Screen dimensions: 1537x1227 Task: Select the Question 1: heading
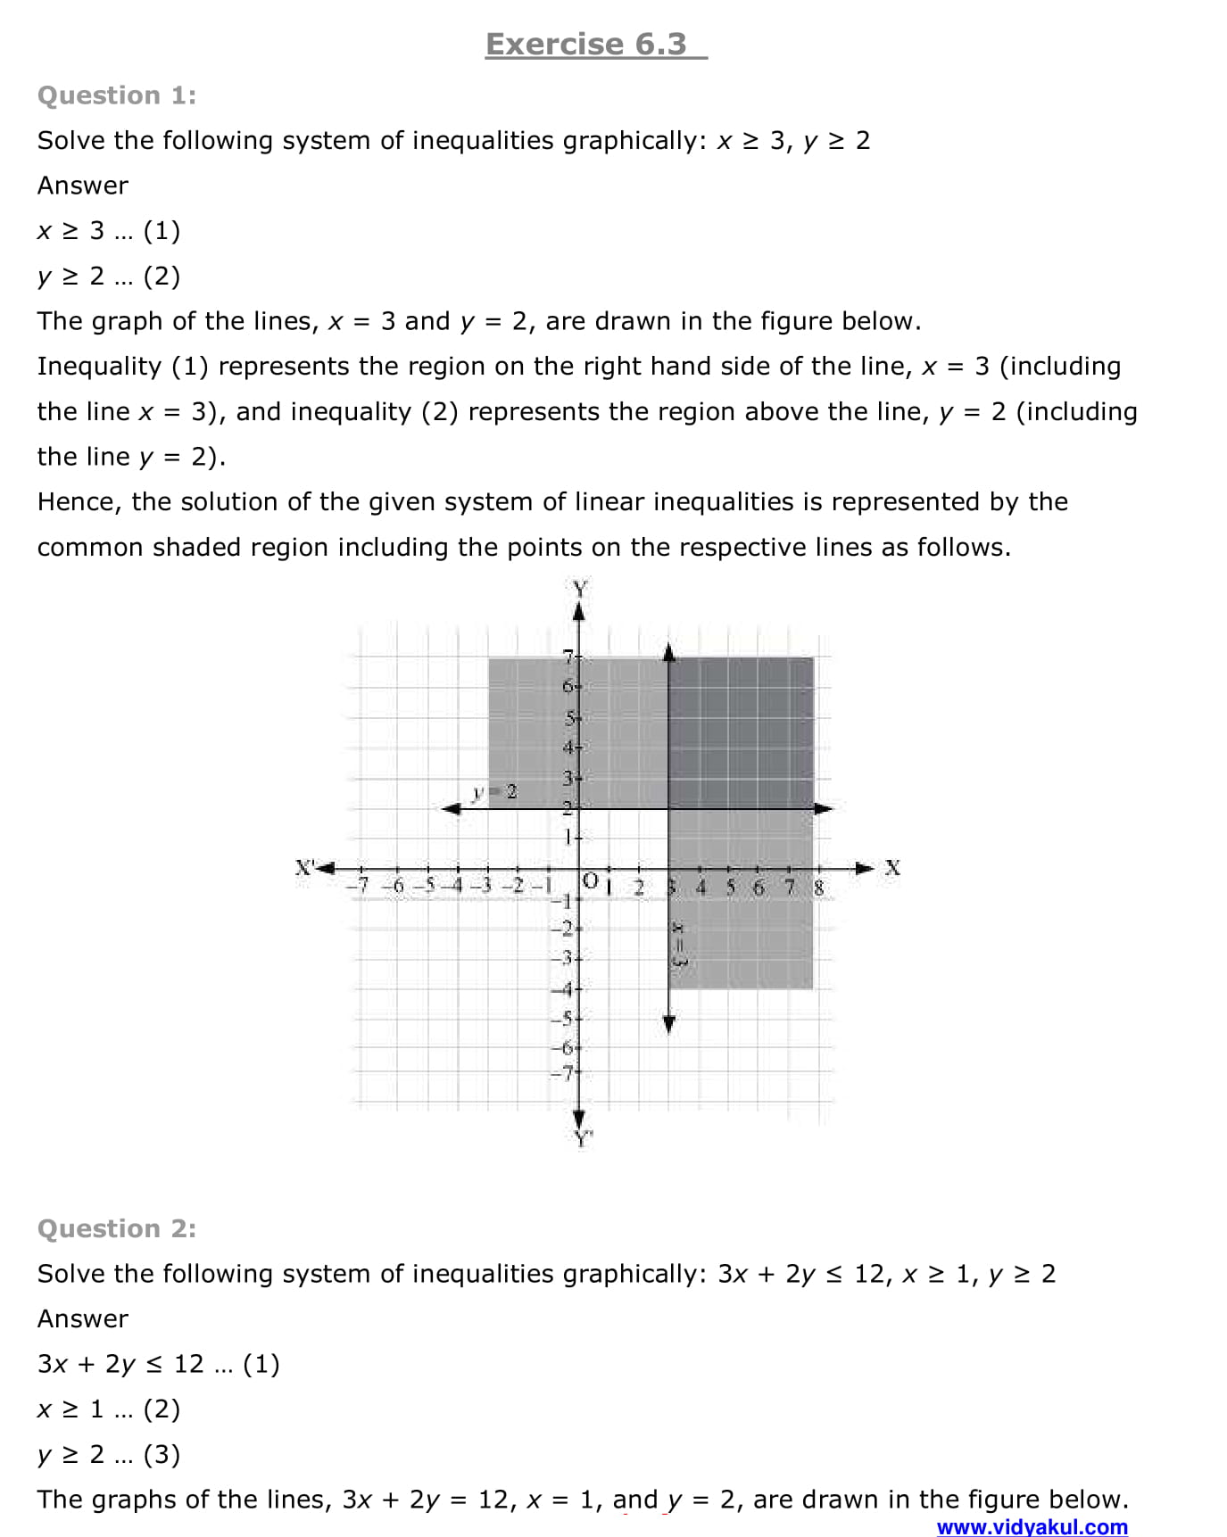coord(117,95)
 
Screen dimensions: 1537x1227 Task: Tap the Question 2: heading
coord(117,1228)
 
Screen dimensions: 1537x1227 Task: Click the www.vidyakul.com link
coord(1032,1526)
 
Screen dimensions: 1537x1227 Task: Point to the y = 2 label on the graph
coord(495,791)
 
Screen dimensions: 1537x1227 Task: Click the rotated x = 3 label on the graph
coord(678,944)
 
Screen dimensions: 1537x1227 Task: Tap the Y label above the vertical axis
coord(580,588)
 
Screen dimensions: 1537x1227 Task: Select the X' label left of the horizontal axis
coord(306,866)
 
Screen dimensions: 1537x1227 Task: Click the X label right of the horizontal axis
coord(891,867)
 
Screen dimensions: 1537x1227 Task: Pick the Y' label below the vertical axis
coord(583,1138)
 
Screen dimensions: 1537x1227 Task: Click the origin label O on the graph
coord(590,880)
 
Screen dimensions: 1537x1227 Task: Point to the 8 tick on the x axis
coord(818,888)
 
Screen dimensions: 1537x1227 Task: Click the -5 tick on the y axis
coord(562,1018)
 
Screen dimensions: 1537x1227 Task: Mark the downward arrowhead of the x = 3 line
coord(669,1023)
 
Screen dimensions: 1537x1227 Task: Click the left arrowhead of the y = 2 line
coord(452,808)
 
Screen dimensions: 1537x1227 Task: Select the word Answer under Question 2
coord(83,1318)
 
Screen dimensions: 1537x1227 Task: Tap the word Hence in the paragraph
coord(79,502)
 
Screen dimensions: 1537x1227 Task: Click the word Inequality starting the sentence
coord(98,367)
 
